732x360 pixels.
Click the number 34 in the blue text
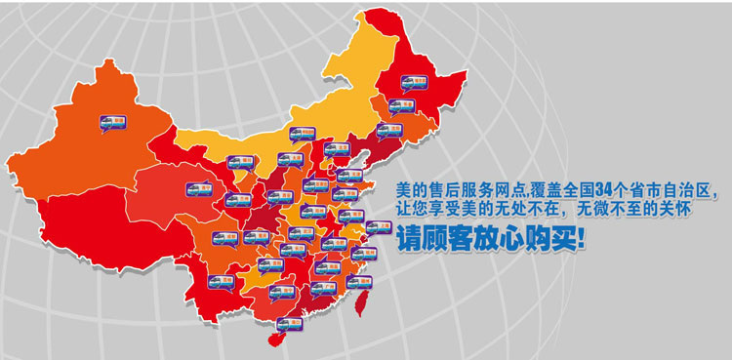click(603, 189)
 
